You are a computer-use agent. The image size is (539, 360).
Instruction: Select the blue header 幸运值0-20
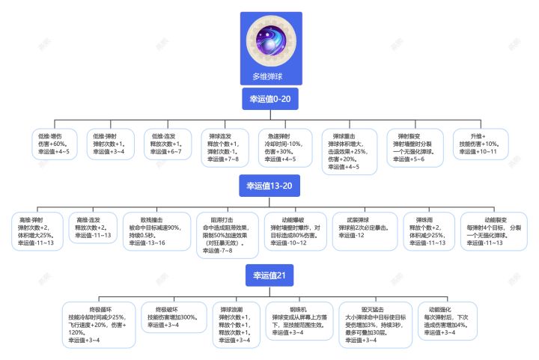(269, 98)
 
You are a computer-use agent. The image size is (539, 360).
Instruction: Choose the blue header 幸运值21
(269, 277)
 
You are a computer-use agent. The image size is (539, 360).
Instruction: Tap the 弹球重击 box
(350, 151)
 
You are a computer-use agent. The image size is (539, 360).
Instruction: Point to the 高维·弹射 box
(37, 232)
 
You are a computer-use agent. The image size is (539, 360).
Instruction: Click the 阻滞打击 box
(228, 237)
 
